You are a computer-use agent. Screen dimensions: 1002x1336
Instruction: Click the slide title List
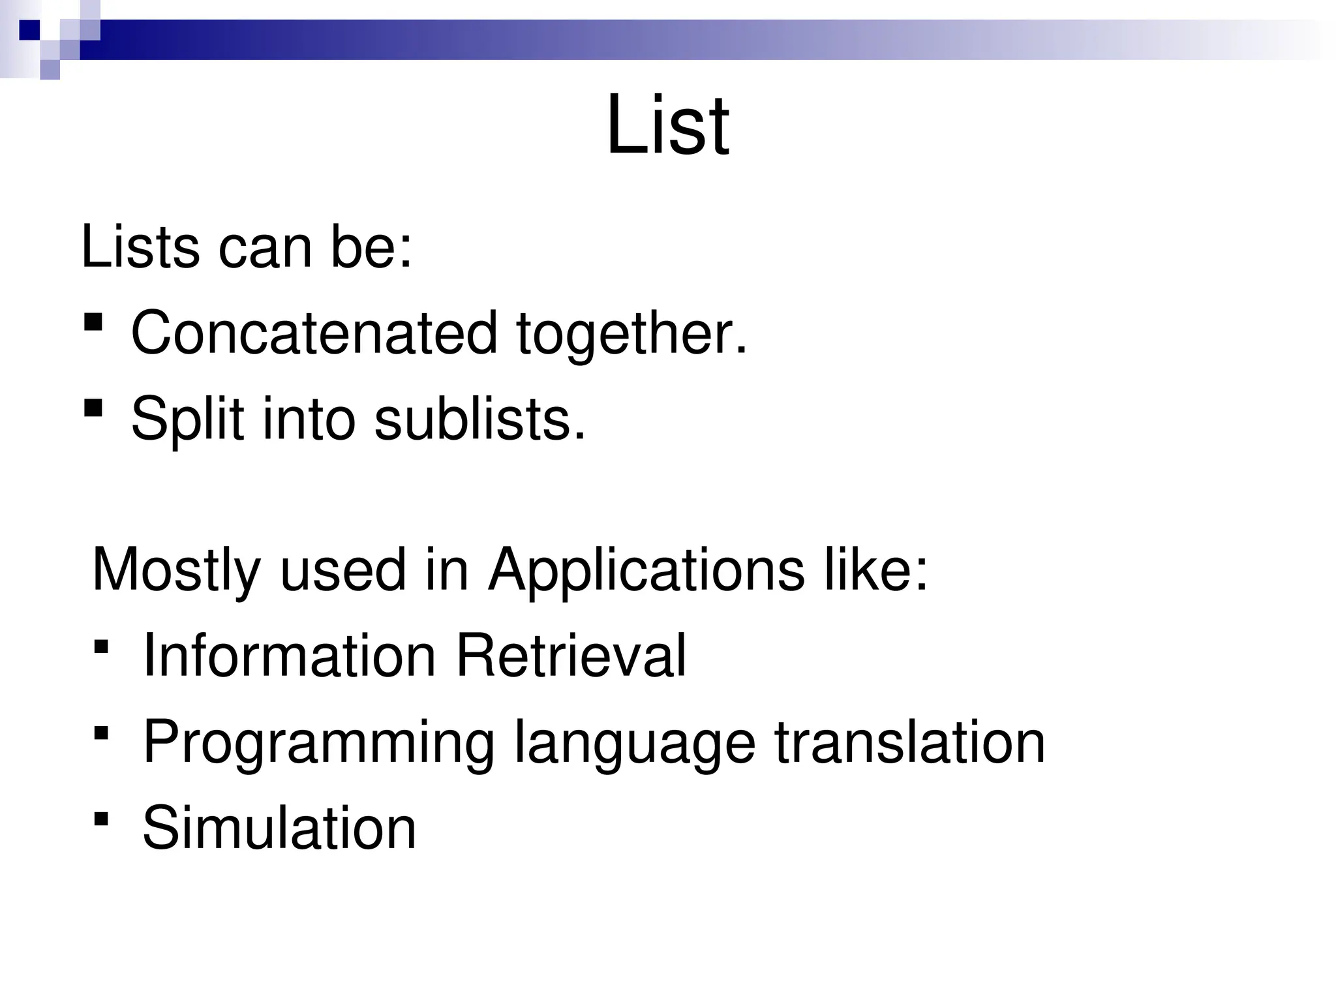tap(667, 125)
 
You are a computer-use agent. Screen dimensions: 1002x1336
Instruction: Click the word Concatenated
tap(314, 333)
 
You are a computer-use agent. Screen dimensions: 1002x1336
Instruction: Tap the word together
tap(631, 334)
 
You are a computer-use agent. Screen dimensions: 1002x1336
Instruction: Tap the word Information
tap(289, 656)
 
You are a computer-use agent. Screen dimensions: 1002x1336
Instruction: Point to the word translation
tap(909, 742)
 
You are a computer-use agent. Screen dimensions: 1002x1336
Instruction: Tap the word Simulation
tap(279, 827)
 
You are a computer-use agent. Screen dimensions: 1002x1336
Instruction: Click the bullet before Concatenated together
tap(93, 322)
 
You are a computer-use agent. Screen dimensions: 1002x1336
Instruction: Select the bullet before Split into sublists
tap(93, 408)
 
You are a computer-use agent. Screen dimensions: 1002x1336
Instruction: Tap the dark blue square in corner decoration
tap(29, 29)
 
